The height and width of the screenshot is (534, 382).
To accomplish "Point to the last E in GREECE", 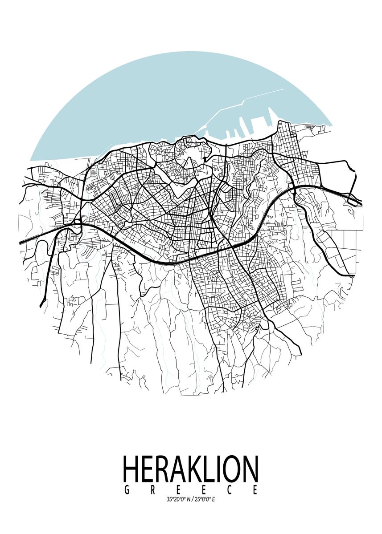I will (255, 490).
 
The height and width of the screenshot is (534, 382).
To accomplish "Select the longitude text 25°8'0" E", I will (205, 500).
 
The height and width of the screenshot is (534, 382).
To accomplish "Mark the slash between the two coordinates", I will (192, 500).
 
